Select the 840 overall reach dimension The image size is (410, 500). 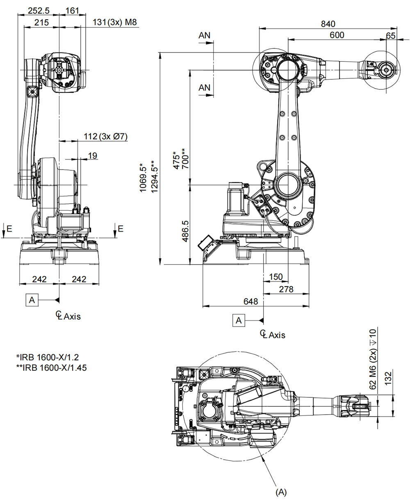(328, 23)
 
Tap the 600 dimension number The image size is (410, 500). (337, 35)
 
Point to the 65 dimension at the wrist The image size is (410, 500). (390, 35)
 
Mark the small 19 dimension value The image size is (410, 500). (92, 155)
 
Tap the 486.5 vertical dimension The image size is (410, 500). (185, 230)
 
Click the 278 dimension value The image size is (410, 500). (286, 289)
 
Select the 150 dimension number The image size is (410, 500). (276, 277)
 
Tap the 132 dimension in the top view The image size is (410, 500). (389, 377)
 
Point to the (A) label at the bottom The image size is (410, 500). (280, 491)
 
